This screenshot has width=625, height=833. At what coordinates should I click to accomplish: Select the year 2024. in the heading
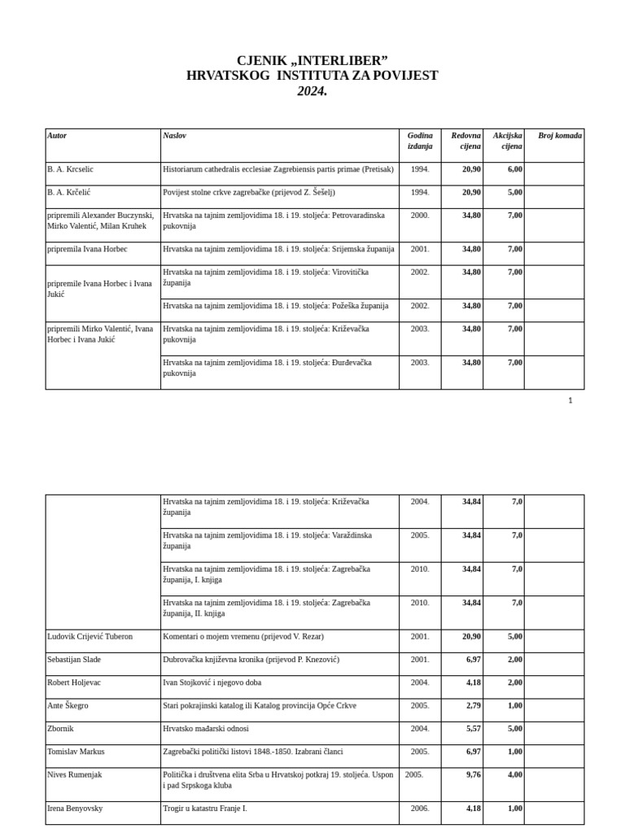312,91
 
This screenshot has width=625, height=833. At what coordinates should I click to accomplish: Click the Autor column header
57,135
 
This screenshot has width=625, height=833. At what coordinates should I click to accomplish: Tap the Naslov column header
174,135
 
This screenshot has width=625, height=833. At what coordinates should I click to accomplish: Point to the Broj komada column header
560,135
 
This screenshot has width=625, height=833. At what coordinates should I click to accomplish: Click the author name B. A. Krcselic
70,169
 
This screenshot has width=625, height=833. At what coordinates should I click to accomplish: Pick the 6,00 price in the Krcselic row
514,169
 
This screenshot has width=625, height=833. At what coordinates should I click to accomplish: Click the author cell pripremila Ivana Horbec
87,249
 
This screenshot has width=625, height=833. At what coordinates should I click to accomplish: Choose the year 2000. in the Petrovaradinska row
420,216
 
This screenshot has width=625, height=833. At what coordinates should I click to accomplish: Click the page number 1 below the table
570,400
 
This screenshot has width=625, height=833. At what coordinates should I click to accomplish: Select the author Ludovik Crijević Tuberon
90,636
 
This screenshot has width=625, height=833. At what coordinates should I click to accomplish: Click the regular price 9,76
473,775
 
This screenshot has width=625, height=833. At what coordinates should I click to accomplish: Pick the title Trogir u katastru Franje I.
204,809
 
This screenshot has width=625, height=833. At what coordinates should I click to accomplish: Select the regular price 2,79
473,705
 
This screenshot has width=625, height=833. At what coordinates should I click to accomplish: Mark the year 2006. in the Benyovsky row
420,809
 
